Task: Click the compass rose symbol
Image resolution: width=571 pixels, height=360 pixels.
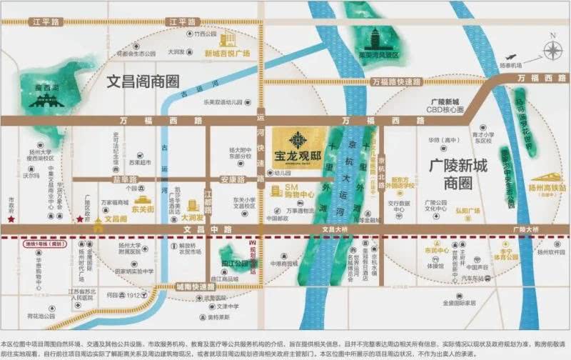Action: (x=552, y=50)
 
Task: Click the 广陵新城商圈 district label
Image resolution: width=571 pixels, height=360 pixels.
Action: (x=453, y=174)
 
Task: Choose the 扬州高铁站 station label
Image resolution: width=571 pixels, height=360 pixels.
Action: (x=543, y=188)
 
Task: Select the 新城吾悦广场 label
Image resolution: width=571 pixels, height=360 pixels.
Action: (x=226, y=54)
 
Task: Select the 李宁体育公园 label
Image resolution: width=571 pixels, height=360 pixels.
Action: (x=508, y=253)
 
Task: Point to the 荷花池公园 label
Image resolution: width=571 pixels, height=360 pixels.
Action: (x=41, y=315)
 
